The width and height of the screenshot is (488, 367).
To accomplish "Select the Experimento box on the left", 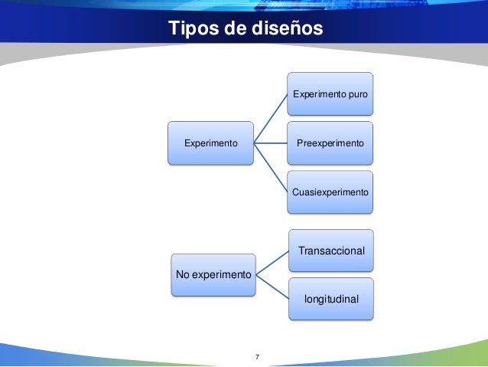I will pyautogui.click(x=211, y=143).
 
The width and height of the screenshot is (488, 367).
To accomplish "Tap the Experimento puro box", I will pyautogui.click(x=330, y=93).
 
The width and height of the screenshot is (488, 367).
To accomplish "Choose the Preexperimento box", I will pyautogui.click(x=330, y=143).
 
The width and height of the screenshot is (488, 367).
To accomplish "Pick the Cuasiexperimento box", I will pyautogui.click(x=330, y=192).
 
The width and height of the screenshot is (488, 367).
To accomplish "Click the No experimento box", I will pyautogui.click(x=213, y=274).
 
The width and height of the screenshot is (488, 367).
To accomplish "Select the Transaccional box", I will pyautogui.click(x=331, y=251).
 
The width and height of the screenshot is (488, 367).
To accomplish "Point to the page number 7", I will pyautogui.click(x=257, y=357).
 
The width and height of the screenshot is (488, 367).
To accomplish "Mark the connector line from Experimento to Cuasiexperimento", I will pyautogui.click(x=271, y=167).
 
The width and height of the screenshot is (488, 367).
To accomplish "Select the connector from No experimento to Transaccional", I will pyautogui.click(x=272, y=262).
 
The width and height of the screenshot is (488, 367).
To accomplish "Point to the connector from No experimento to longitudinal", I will pyautogui.click(x=272, y=285).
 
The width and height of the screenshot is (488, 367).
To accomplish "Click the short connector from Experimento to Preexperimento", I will pyautogui.click(x=271, y=143).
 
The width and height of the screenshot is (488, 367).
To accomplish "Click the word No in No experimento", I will pyautogui.click(x=184, y=274).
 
